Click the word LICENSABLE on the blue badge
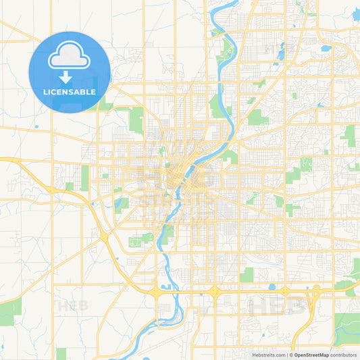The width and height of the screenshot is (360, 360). pyautogui.click(x=70, y=92)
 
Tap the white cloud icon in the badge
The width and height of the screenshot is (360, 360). pyautogui.click(x=70, y=57)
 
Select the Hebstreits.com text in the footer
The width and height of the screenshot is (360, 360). pyautogui.click(x=268, y=355)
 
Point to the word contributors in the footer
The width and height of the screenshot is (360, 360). pyautogui.click(x=343, y=355)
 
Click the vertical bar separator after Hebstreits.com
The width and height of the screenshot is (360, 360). pyautogui.click(x=286, y=355)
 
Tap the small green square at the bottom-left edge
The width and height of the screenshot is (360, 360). pyautogui.click(x=61, y=353)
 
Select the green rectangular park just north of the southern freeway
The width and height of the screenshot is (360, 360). pyautogui.click(x=247, y=274)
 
